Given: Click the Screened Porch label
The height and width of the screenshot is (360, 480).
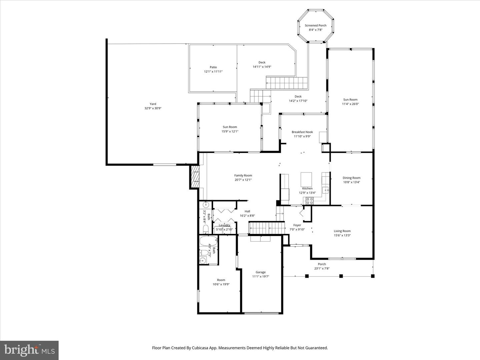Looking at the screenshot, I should pos(315,25).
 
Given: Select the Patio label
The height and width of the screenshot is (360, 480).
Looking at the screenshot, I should pos(213,67).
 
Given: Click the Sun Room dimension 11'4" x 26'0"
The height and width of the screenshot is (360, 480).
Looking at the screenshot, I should pos(350,104).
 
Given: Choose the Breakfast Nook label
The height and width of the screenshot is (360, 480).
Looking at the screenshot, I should pos(302,132).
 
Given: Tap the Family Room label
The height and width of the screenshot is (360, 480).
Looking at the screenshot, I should pos(243,175).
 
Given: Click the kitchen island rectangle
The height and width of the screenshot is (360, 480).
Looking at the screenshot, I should pos(306,179).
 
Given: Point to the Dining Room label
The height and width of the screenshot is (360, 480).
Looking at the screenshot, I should pos(351,178).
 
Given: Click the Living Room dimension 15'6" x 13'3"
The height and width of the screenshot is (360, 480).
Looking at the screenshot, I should pos(342,235).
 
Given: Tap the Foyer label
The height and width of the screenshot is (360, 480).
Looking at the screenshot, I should pos(297,225).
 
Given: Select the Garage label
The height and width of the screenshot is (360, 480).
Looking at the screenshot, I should pos(260,272).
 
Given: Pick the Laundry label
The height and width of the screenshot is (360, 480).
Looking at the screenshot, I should pos(224,225).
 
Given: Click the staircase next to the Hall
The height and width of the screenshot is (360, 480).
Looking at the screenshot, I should pos(267,228).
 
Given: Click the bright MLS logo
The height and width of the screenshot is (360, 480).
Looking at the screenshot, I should pos(29,350).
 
